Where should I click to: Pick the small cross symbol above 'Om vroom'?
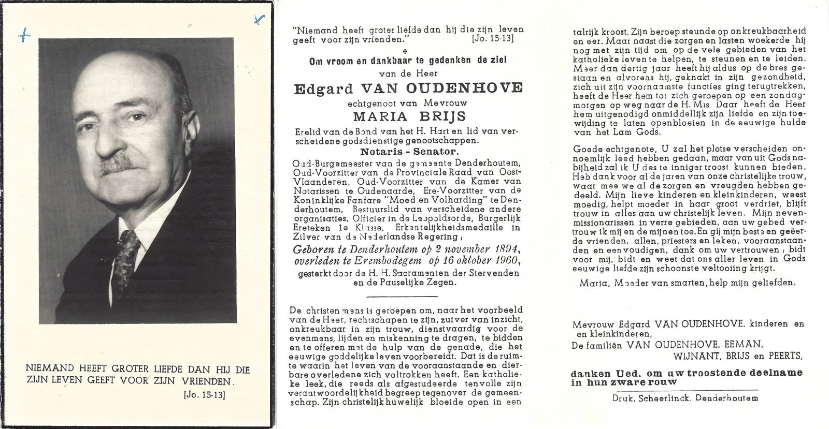click(405, 52)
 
